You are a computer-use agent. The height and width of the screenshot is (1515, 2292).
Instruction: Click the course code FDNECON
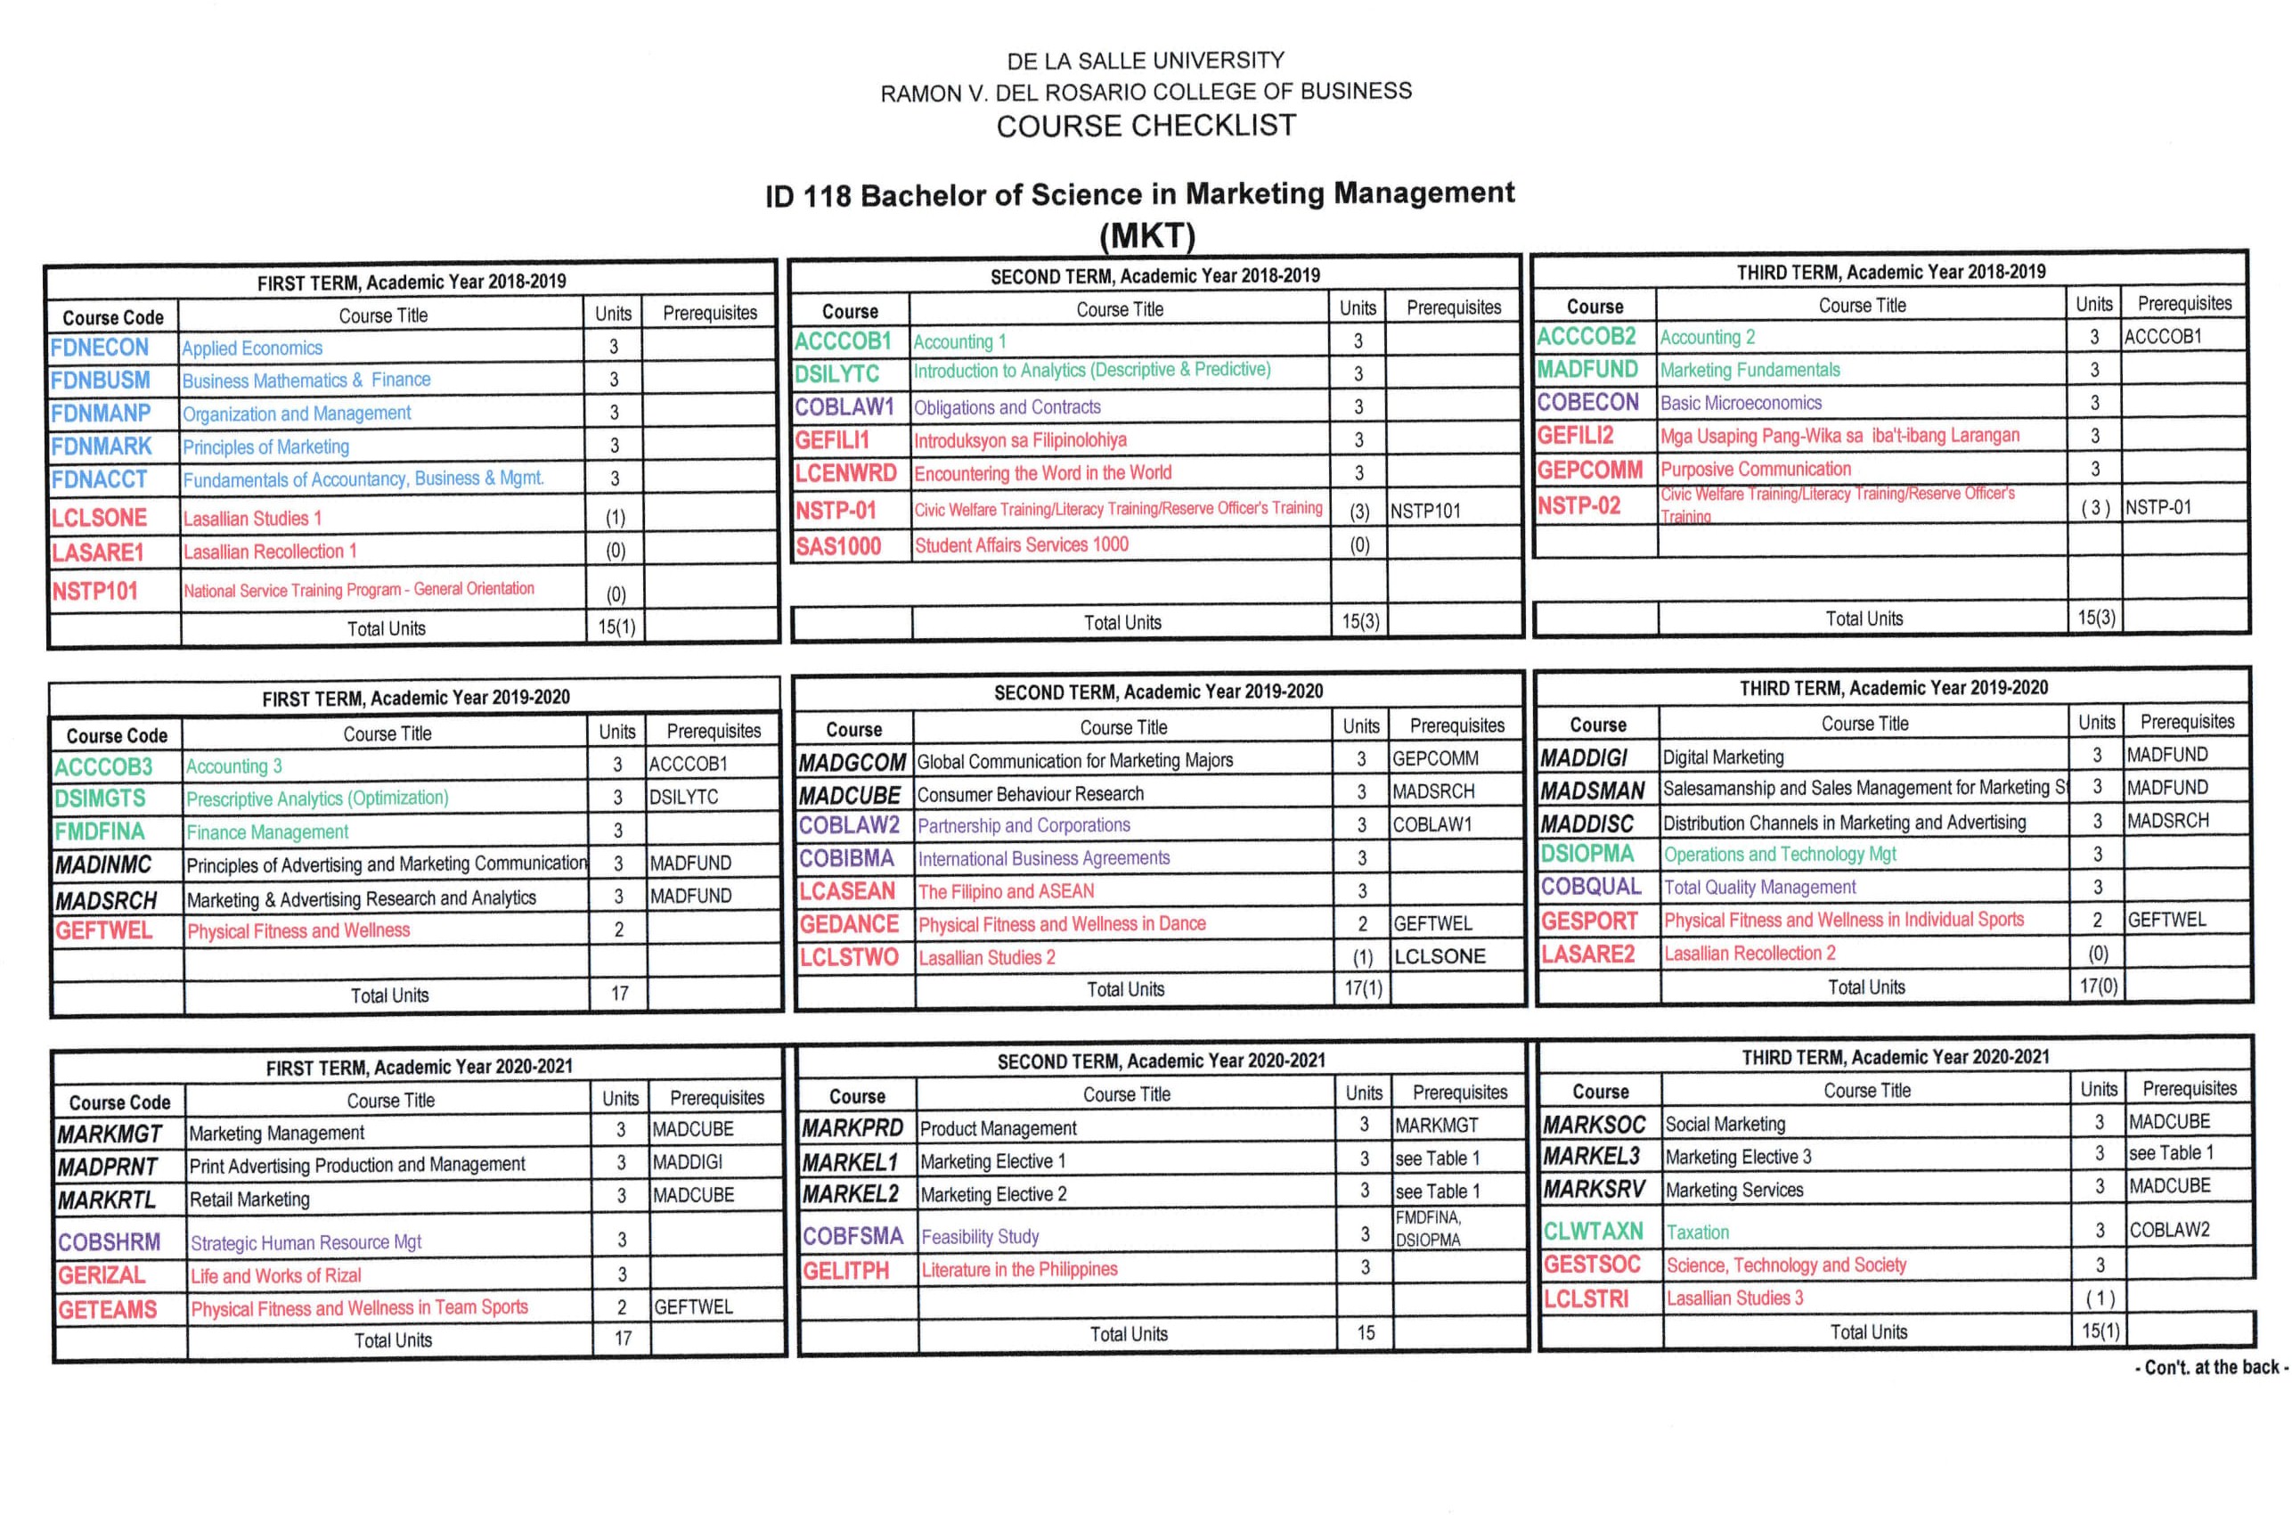100,348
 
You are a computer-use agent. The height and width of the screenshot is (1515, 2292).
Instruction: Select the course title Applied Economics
252,348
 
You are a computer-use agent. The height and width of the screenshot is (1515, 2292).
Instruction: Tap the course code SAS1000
838,547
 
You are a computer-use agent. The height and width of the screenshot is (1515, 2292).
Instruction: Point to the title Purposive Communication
1756,470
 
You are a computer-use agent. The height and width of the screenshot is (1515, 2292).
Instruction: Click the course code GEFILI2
1575,436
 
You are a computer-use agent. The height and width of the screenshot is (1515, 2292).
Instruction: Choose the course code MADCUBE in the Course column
850,795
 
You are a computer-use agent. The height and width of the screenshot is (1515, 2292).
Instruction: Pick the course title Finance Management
267,831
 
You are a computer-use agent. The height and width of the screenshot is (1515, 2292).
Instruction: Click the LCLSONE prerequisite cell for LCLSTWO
1440,956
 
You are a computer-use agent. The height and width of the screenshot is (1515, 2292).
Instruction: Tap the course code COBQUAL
1591,887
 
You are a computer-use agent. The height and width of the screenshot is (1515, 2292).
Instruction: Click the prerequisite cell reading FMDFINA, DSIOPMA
1429,1229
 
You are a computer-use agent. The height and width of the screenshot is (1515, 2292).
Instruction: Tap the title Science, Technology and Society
1787,1265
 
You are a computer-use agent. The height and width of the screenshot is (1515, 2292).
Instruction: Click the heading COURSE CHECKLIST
1146,126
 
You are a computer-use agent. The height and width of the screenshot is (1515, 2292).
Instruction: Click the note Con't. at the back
2210,1367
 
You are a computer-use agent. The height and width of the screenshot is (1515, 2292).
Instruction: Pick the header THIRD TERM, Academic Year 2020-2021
1895,1057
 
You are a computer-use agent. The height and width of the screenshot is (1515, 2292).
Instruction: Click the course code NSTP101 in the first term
94,592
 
